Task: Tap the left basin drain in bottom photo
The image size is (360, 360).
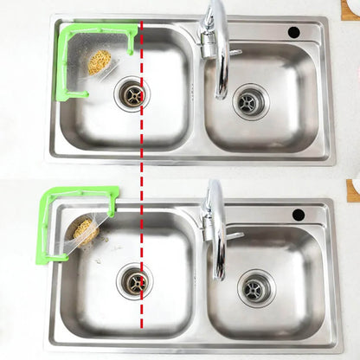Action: (135, 280)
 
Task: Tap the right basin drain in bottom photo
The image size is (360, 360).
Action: (254, 287)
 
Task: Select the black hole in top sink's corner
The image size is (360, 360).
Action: (294, 32)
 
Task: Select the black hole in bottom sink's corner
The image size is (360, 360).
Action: (299, 214)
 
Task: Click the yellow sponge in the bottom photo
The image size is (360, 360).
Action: (84, 230)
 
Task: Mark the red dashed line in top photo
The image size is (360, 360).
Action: (141, 121)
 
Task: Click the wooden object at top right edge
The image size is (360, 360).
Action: (353, 8)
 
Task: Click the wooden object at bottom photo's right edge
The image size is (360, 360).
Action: (353, 190)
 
